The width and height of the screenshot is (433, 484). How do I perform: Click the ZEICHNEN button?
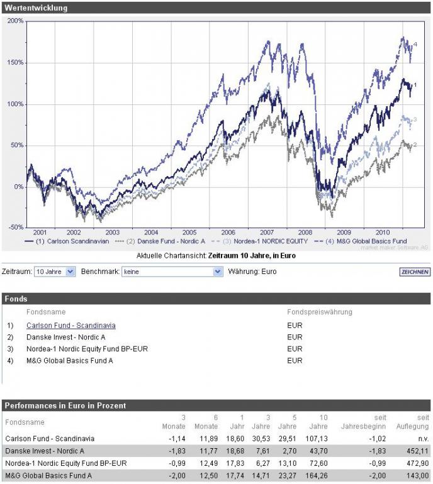pyautogui.click(x=415, y=272)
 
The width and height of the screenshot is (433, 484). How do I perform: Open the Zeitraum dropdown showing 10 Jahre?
pyautogui.click(x=55, y=272)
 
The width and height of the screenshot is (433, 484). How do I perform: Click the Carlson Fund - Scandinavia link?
pyautogui.click(x=70, y=326)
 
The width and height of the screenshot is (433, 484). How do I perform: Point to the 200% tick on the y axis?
pyautogui.click(x=16, y=21)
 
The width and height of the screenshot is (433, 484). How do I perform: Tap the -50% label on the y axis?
pyautogui.click(x=16, y=227)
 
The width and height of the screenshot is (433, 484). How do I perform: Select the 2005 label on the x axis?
pyautogui.click(x=190, y=232)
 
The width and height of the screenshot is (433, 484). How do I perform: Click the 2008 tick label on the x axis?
pyautogui.click(x=306, y=232)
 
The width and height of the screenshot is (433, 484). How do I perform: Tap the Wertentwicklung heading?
pyautogui.click(x=36, y=8)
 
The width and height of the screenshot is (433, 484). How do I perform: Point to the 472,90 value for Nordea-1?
pyautogui.click(x=419, y=463)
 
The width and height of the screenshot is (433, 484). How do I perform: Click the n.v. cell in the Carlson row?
pyautogui.click(x=424, y=438)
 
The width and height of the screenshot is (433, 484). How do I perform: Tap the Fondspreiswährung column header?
pyautogui.click(x=319, y=312)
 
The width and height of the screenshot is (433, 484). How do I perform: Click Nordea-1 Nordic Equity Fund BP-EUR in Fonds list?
pyautogui.click(x=87, y=349)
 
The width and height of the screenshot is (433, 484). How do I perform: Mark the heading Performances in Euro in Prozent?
pyautogui.click(x=65, y=405)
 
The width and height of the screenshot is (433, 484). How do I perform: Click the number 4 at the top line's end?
pyautogui.click(x=415, y=43)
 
